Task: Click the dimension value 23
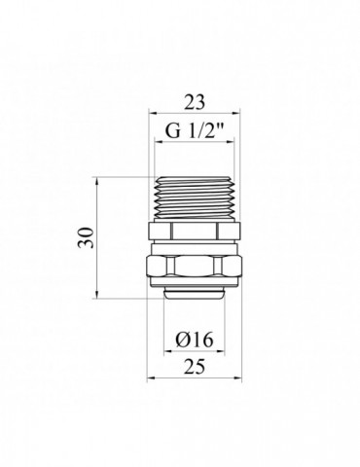[x=195, y=102]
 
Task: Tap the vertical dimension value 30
[x=86, y=237]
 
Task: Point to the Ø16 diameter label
[x=195, y=340]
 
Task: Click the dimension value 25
[x=195, y=367]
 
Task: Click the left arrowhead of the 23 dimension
[x=153, y=113]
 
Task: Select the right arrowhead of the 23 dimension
[x=236, y=113]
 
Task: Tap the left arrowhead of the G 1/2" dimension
[x=159, y=142]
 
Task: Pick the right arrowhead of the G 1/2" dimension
[x=230, y=142]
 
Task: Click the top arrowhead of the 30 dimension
[x=97, y=182]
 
